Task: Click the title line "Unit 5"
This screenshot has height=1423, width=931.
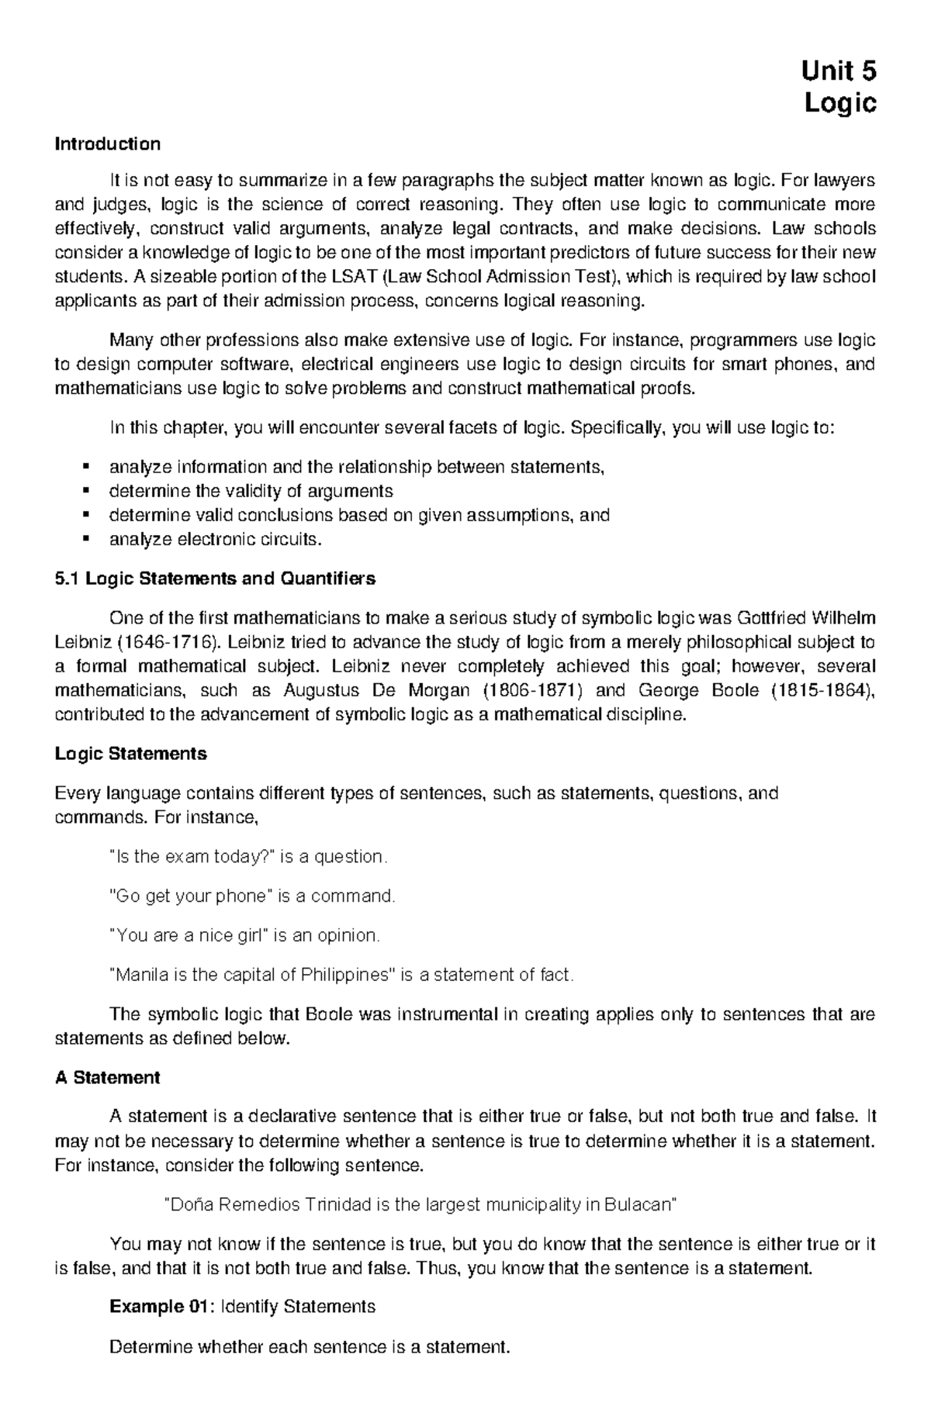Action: point(839,71)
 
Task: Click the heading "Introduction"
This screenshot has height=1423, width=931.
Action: point(107,143)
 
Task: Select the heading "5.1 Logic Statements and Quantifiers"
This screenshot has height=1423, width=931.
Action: point(215,579)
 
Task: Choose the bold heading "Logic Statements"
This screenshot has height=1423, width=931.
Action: point(130,754)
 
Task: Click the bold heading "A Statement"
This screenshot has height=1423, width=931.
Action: point(107,1077)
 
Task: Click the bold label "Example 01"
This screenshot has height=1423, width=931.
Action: point(158,1307)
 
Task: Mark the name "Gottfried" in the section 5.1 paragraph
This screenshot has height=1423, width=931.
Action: point(770,618)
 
